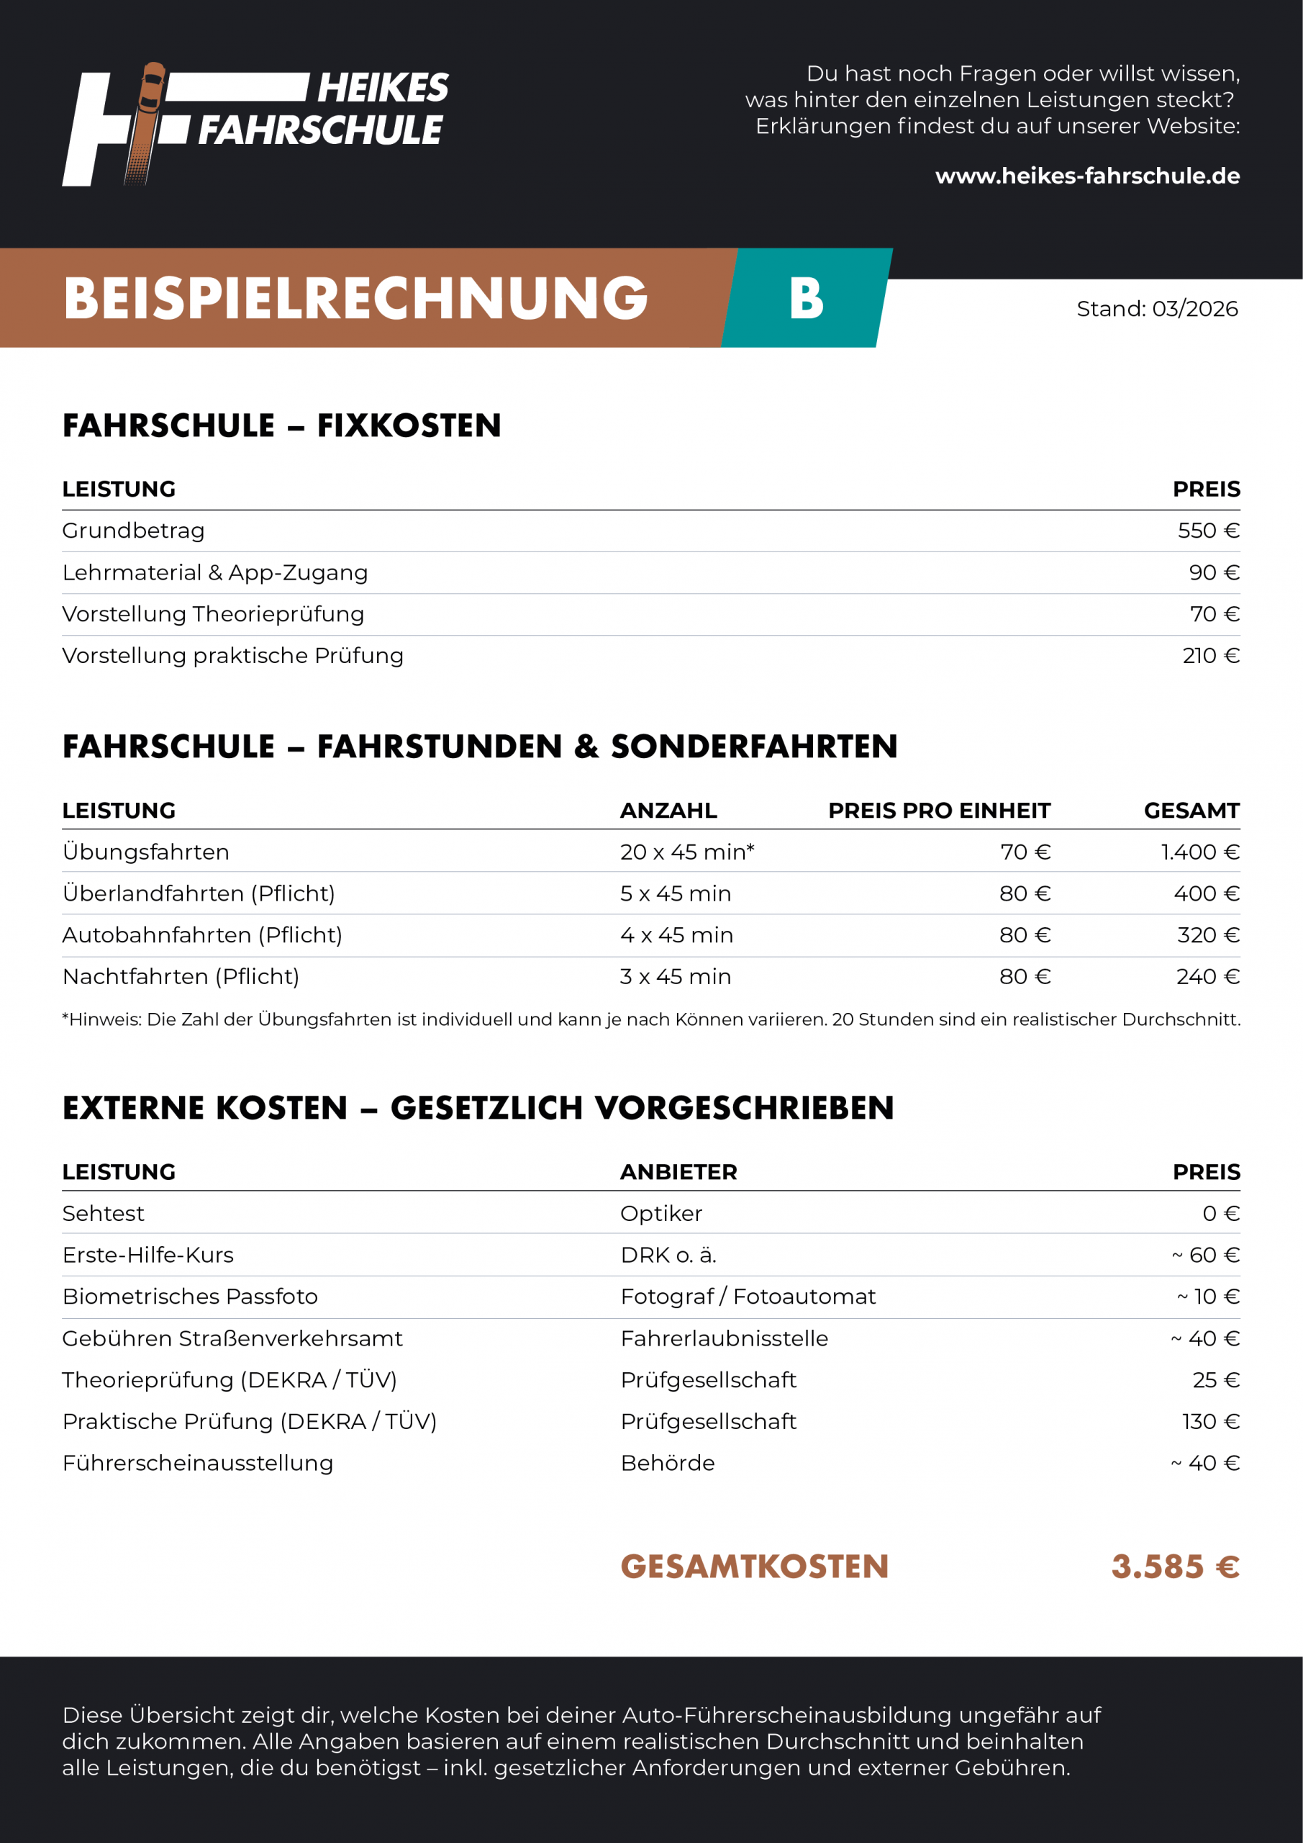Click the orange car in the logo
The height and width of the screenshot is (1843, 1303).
tap(152, 88)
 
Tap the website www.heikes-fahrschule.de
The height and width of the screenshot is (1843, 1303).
tap(1087, 176)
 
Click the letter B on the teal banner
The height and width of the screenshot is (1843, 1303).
tap(807, 299)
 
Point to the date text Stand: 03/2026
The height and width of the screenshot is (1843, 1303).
tap(1157, 309)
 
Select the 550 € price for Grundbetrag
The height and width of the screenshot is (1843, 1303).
tap(1208, 531)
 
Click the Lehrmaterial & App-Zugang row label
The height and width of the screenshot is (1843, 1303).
tap(215, 572)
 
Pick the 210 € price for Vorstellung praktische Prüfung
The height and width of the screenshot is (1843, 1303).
tap(1211, 656)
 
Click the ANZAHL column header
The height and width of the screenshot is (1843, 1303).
tap(668, 811)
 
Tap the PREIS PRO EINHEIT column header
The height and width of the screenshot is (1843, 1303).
tap(939, 811)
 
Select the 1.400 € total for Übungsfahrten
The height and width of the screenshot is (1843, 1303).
tap(1199, 852)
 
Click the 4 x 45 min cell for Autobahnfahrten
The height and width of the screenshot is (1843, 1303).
tap(676, 935)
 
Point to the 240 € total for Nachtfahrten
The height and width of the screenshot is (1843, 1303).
tap(1207, 977)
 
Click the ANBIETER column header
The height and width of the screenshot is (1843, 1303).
tap(678, 1172)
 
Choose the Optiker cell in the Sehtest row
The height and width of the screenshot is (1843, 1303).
tap(661, 1214)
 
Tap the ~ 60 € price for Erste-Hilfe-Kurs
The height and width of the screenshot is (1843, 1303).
tap(1205, 1256)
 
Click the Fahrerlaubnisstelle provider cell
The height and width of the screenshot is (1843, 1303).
tap(724, 1339)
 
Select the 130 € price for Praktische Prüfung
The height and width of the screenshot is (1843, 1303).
tap(1211, 1422)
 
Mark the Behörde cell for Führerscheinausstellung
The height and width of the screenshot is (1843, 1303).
tap(668, 1464)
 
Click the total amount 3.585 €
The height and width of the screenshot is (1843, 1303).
tap(1175, 1566)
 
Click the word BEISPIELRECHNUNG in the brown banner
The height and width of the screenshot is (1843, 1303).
tap(355, 299)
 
